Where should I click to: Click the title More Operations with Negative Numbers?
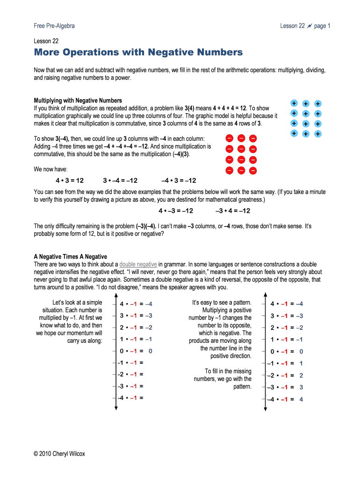(x=138, y=52)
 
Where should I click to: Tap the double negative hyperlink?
(x=138, y=264)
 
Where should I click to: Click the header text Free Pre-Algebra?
(x=54, y=26)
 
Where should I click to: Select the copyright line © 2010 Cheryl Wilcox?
(x=59, y=453)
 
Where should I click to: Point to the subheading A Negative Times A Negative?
(x=71, y=257)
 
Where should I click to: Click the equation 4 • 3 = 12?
(x=70, y=181)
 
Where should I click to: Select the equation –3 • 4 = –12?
(x=233, y=210)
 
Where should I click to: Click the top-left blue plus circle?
(x=294, y=103)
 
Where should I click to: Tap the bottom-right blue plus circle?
(x=318, y=134)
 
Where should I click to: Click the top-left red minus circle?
(x=230, y=138)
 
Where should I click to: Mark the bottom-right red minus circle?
(x=253, y=171)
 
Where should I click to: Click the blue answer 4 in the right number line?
(x=301, y=399)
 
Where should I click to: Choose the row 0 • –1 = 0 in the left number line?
(x=136, y=351)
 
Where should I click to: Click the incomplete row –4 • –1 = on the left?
(x=130, y=398)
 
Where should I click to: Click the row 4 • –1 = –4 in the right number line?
(x=287, y=304)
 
